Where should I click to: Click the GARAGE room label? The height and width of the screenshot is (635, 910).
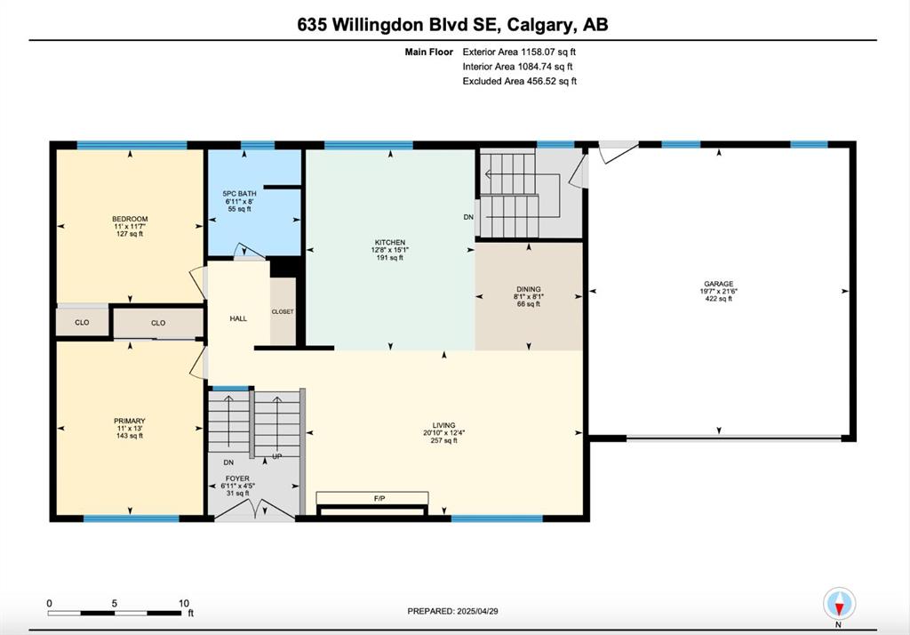click(718, 284)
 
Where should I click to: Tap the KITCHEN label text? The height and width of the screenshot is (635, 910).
click(390, 242)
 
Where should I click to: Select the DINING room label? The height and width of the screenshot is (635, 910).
click(529, 289)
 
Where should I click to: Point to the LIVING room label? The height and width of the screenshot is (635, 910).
click(444, 425)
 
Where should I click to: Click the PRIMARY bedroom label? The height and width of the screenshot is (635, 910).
click(130, 421)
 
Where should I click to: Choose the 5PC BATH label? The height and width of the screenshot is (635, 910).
click(239, 194)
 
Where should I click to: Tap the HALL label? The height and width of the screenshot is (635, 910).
click(238, 318)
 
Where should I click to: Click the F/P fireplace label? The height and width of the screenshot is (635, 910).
click(379, 498)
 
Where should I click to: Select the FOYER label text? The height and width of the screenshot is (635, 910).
click(237, 478)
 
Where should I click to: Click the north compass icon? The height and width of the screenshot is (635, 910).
click(839, 604)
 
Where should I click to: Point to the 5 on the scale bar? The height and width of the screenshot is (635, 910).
click(115, 604)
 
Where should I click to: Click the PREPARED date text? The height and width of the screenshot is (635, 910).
click(452, 611)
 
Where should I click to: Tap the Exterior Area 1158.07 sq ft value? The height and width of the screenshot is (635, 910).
click(519, 52)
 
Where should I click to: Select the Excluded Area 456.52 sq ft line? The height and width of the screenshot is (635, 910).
click(519, 81)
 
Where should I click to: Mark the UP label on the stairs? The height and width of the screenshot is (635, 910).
click(277, 456)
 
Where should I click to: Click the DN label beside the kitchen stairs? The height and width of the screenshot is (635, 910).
click(468, 217)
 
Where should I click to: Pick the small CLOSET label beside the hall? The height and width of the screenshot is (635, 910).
click(283, 312)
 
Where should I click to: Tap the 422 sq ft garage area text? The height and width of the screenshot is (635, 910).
click(718, 299)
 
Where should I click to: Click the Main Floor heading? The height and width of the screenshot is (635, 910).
click(429, 52)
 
